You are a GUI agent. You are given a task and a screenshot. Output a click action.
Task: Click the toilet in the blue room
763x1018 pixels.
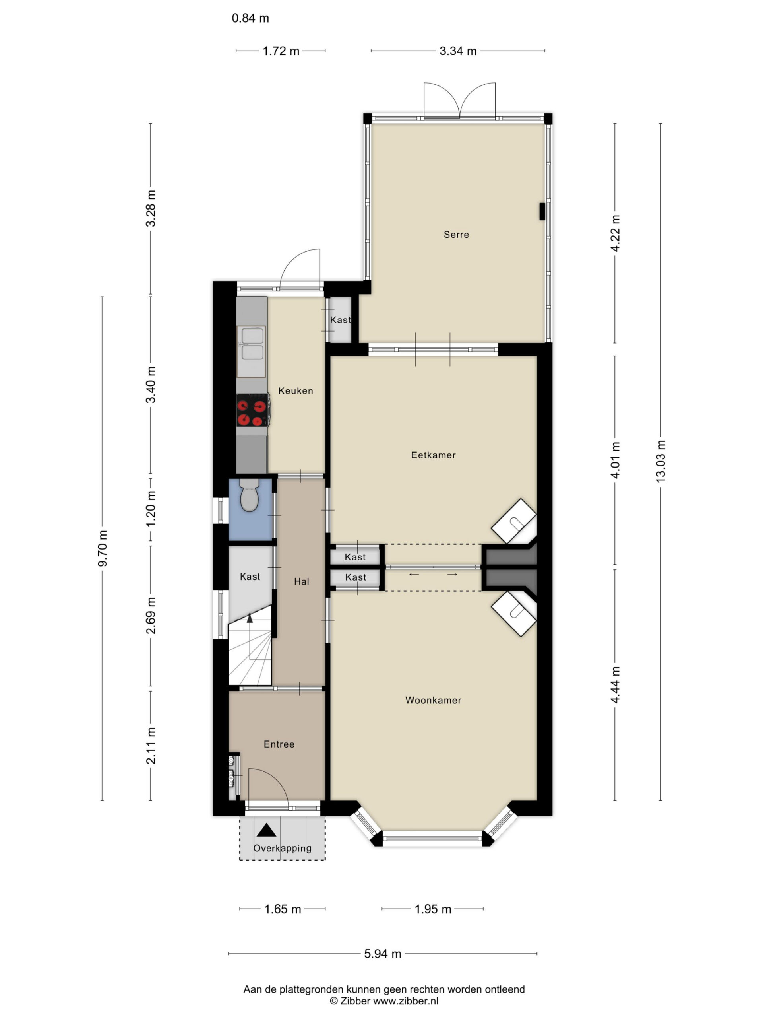click(249, 494)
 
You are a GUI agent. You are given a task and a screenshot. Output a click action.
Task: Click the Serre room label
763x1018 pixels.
click(456, 235)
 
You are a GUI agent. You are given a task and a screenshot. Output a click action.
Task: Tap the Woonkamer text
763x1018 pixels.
click(433, 700)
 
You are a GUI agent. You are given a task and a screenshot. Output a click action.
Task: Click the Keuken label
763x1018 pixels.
click(296, 391)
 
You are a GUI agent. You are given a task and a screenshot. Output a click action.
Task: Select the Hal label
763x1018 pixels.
click(301, 582)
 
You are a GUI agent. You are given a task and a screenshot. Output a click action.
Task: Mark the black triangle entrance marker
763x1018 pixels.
click(266, 830)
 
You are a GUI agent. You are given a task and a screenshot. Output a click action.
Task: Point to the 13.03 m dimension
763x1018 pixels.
click(660, 461)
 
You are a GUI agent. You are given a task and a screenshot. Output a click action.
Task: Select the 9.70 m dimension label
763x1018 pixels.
click(102, 548)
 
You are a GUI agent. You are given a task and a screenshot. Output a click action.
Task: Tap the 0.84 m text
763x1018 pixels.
click(250, 18)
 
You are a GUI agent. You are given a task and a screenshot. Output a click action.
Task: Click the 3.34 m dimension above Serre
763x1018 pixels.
click(458, 51)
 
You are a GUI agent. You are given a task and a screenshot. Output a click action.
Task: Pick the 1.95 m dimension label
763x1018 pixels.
click(433, 909)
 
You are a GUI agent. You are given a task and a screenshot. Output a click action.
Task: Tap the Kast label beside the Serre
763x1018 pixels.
click(340, 320)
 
